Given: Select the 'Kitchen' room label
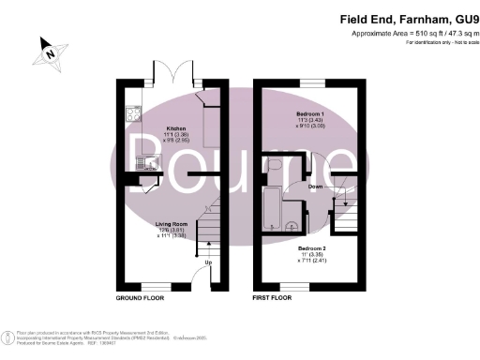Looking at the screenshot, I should coord(176,128).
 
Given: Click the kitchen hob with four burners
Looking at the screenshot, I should coord(130,117).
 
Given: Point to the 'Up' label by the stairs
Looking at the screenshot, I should coord(207,262).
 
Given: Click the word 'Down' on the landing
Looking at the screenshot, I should coord(316,187).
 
